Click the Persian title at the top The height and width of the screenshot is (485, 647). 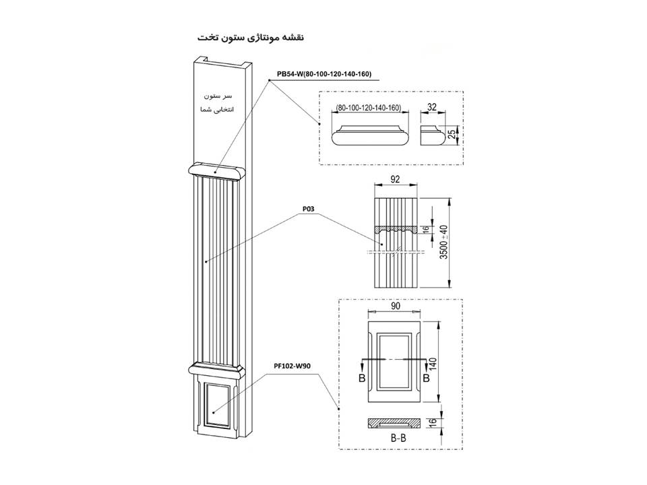click(251, 38)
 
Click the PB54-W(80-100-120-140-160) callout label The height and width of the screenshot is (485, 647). click(324, 74)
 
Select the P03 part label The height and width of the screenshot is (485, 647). click(308, 209)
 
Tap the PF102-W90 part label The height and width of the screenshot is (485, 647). click(292, 365)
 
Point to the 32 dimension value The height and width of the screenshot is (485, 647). click(431, 107)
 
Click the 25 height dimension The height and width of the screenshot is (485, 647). click(452, 134)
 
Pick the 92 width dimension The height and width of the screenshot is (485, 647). click(395, 179)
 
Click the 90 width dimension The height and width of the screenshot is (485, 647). click(396, 306)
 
